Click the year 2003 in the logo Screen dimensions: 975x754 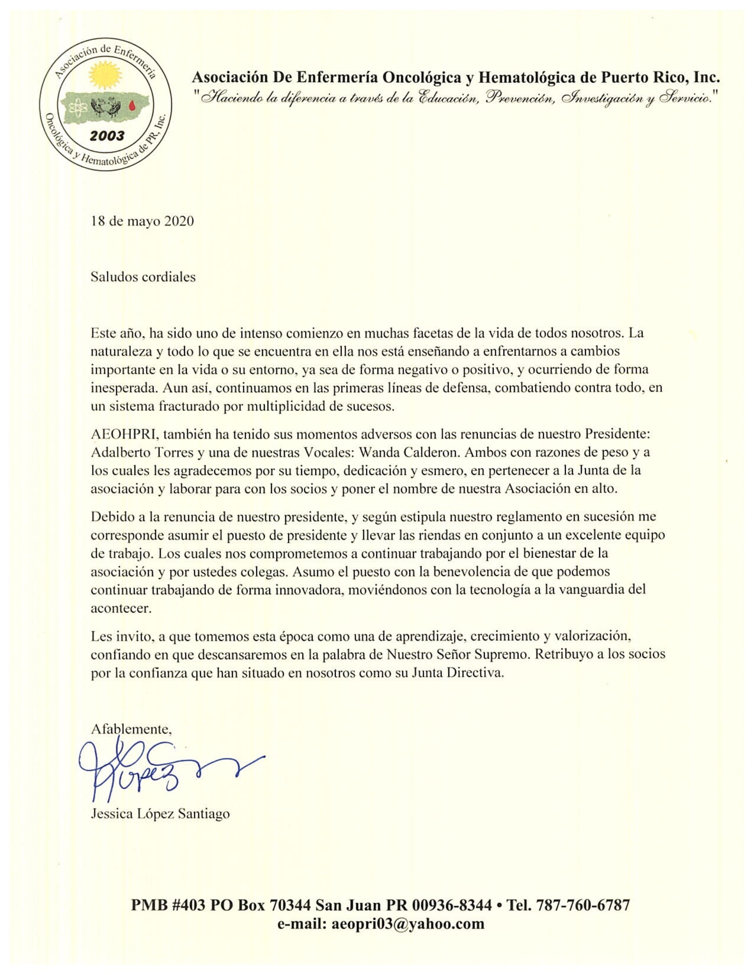(x=107, y=135)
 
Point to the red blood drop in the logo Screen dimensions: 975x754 (x=131, y=105)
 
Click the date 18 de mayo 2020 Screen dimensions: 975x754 (x=142, y=222)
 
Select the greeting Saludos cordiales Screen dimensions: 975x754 (x=143, y=277)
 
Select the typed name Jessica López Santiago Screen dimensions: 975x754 (x=160, y=814)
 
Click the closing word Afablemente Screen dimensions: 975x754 (x=131, y=729)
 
